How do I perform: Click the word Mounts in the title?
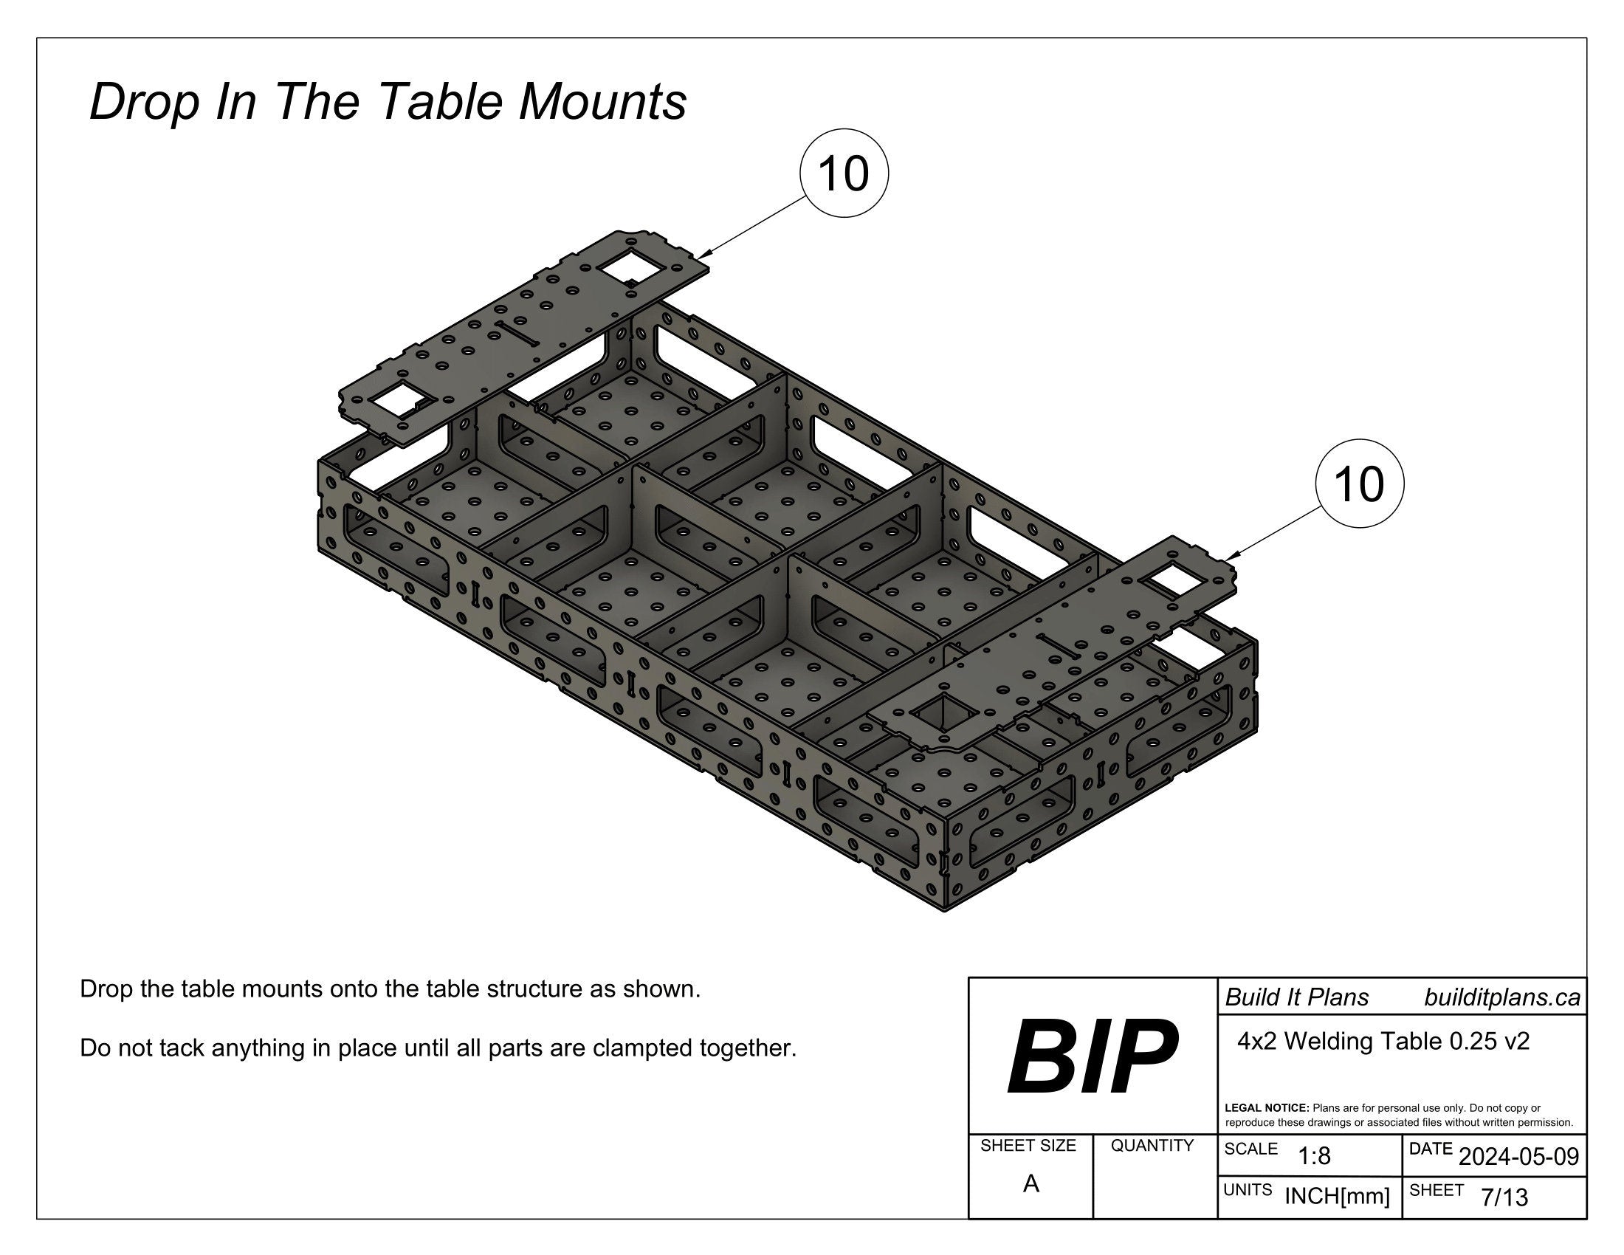(602, 102)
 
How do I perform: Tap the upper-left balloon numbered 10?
(843, 175)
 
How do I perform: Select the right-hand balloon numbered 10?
(1359, 484)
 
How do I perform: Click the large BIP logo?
(1092, 1056)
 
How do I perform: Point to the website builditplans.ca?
(1501, 998)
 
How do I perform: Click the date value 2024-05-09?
(1518, 1157)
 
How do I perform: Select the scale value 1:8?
(1314, 1156)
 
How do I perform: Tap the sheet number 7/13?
(1504, 1197)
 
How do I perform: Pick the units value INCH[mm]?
(1337, 1197)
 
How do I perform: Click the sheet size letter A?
(1031, 1184)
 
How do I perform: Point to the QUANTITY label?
(1152, 1146)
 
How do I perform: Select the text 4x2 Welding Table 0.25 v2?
(1383, 1042)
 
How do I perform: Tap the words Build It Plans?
(1297, 998)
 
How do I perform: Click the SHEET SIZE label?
(1028, 1146)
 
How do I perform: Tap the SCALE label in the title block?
(1250, 1149)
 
